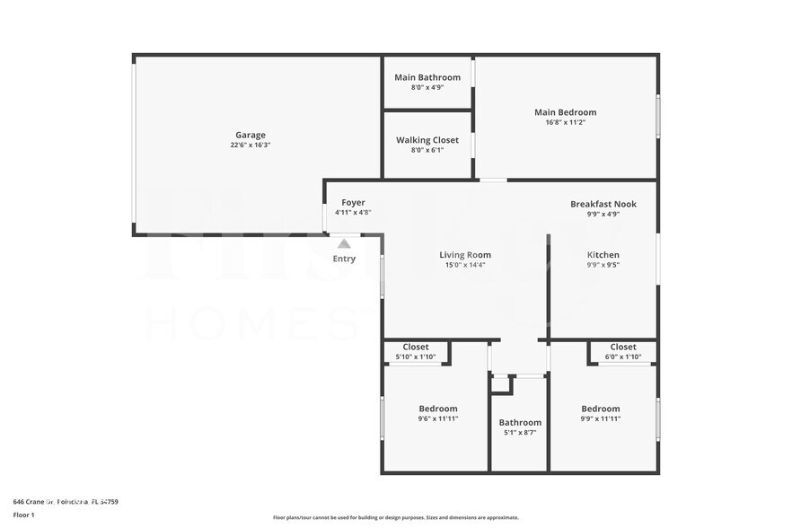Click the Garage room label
point(251,135)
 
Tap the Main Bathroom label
point(427,77)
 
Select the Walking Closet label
point(427,140)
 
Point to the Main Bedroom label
point(565,112)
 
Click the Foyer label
point(353,202)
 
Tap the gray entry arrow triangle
point(344,243)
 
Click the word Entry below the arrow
point(344,259)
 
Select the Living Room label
point(465,254)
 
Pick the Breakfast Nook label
point(603,204)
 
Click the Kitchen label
point(603,254)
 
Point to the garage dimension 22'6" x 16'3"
point(251,145)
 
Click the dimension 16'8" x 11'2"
point(565,123)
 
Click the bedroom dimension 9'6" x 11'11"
point(438,418)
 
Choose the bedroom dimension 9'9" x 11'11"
point(600,418)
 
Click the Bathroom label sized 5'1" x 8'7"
point(520,422)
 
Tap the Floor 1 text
point(23,515)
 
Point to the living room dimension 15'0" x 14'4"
point(465,265)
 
